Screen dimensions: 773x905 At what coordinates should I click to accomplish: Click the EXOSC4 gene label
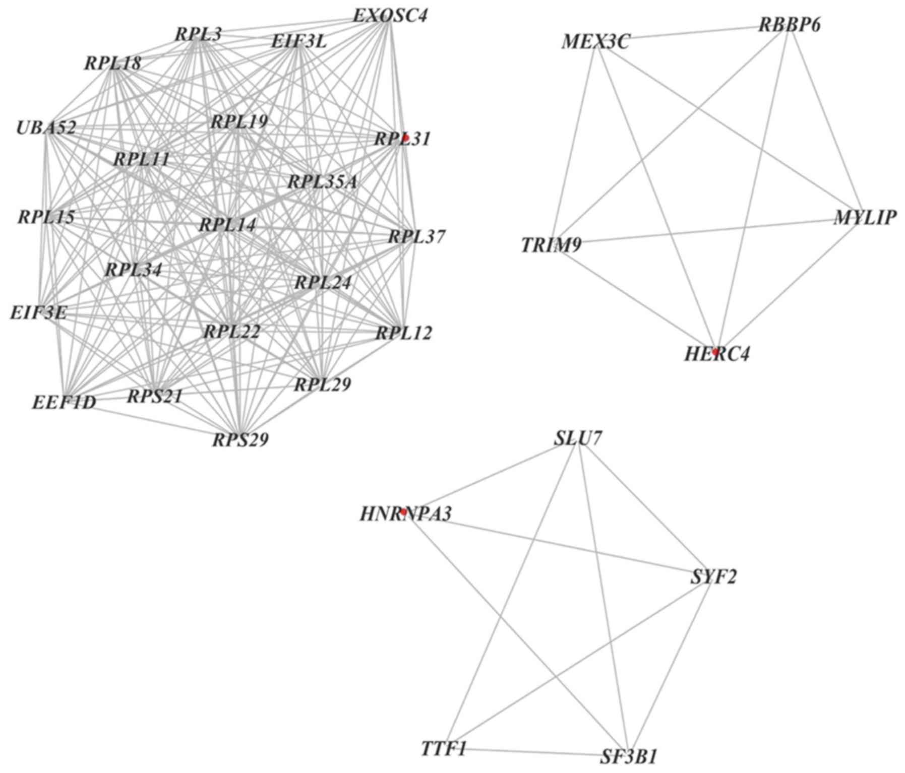tap(390, 16)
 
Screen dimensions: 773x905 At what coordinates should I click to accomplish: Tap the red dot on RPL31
tap(405, 138)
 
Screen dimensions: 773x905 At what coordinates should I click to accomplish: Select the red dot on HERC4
tap(715, 352)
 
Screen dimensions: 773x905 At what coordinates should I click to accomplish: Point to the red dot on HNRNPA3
tap(403, 512)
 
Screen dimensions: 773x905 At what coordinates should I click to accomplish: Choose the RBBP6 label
tap(789, 25)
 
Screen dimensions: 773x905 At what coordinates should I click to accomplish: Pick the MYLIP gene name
tap(865, 218)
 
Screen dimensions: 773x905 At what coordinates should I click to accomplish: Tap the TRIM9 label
tap(551, 245)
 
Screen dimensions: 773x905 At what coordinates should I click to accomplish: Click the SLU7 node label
tap(577, 438)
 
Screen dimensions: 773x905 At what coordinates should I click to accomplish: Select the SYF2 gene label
tap(713, 576)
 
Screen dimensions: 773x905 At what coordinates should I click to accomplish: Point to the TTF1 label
tap(443, 749)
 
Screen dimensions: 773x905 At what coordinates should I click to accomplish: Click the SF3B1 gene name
tap(629, 756)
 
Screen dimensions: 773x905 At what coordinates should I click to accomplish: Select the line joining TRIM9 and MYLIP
tap(706, 231)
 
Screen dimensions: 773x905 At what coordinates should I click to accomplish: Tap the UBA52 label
tap(46, 127)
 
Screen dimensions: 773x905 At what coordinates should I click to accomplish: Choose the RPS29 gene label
tap(240, 440)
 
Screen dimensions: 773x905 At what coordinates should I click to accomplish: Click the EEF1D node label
tap(64, 403)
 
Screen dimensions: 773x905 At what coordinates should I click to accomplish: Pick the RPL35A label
tap(322, 182)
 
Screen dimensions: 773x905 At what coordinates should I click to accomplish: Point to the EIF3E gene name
tap(38, 312)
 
